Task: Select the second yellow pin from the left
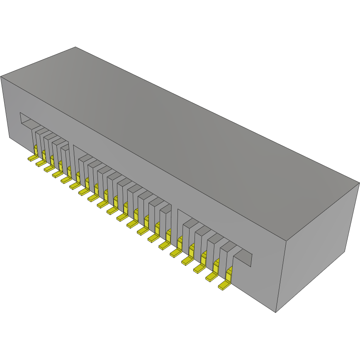pyautogui.click(x=40, y=163)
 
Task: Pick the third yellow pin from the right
pyautogui.click(x=199, y=269)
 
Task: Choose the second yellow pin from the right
pyautogui.click(x=212, y=277)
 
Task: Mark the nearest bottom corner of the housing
pyautogui.click(x=276, y=312)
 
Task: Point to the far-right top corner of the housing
pyautogui.click(x=359, y=182)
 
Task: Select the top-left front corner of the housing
pyautogui.click(x=1, y=77)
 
